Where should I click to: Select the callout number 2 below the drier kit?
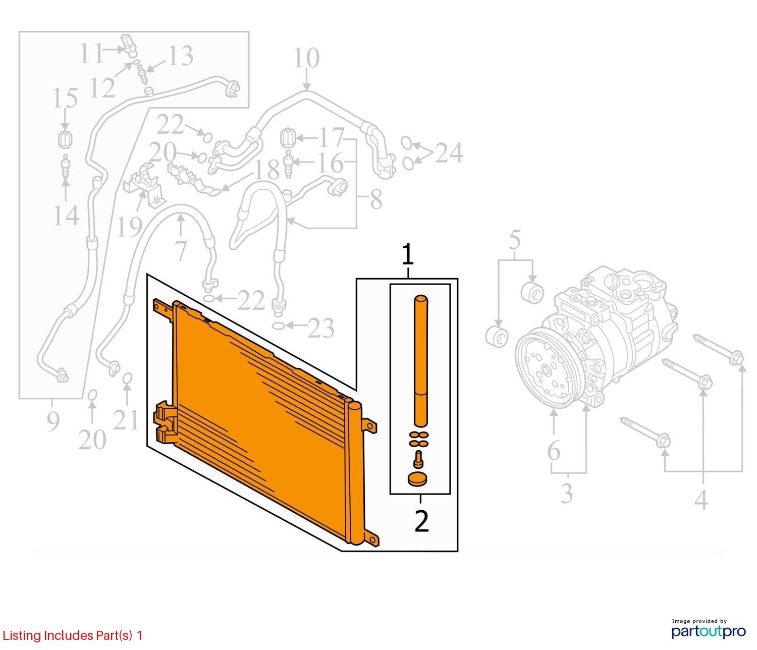click(x=421, y=522)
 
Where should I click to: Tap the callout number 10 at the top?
click(x=306, y=59)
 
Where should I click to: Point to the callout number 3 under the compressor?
click(x=567, y=493)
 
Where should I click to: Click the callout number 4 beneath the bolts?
click(x=701, y=500)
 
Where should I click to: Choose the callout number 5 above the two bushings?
click(x=515, y=241)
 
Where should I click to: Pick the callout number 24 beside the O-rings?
click(x=449, y=153)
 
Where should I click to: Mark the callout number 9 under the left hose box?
click(x=52, y=421)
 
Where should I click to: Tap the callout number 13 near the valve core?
click(x=179, y=56)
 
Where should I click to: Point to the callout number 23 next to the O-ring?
click(x=321, y=328)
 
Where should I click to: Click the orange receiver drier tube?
click(x=420, y=361)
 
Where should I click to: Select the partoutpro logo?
click(x=709, y=630)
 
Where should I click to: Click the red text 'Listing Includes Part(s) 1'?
click(x=73, y=635)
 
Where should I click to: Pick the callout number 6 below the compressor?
click(x=554, y=451)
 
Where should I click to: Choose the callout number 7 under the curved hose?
click(x=181, y=250)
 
